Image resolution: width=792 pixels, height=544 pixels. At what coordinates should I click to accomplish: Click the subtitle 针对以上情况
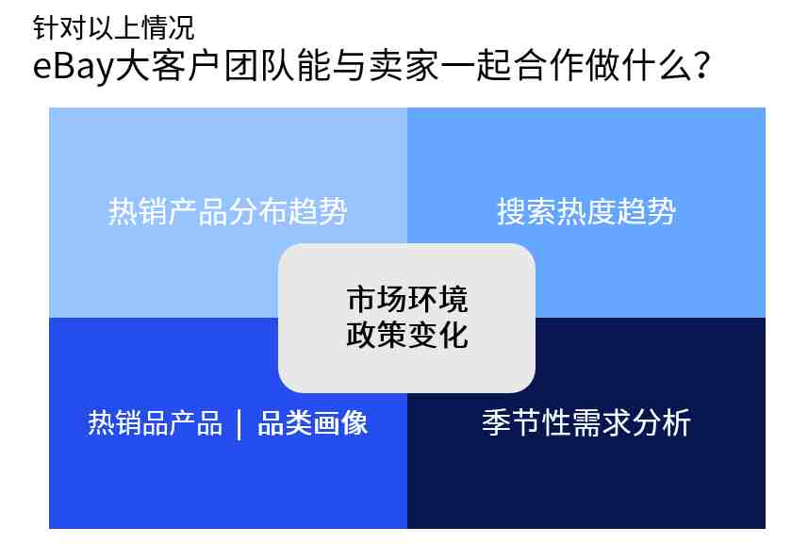click(x=114, y=27)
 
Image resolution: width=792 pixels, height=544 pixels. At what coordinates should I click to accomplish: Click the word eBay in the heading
click(x=74, y=67)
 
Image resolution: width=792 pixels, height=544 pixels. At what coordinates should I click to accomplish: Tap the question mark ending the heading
click(x=702, y=66)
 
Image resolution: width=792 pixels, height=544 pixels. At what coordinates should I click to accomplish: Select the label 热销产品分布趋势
click(x=227, y=211)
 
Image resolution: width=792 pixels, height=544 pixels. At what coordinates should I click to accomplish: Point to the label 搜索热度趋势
click(x=586, y=211)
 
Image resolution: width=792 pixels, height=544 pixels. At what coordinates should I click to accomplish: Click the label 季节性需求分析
click(x=586, y=422)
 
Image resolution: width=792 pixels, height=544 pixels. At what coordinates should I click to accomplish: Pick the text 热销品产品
click(x=155, y=422)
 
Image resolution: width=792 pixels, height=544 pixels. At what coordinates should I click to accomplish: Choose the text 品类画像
click(x=313, y=422)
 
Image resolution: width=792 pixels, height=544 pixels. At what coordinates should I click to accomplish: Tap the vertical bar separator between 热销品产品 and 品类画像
click(x=239, y=424)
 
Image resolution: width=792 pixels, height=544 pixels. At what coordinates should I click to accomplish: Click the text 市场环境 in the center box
click(x=407, y=299)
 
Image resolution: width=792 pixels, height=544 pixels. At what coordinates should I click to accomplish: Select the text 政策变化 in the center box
click(x=407, y=335)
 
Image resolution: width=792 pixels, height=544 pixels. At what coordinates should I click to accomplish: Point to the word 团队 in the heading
click(x=258, y=66)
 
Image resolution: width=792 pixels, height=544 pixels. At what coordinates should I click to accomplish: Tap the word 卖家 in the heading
click(x=404, y=66)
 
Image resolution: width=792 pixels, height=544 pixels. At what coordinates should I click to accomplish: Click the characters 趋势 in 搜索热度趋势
click(x=646, y=211)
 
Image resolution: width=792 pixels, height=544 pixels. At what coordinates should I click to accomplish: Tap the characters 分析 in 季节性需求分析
click(x=661, y=422)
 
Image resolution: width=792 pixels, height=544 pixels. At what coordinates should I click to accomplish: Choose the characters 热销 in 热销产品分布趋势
click(x=138, y=211)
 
